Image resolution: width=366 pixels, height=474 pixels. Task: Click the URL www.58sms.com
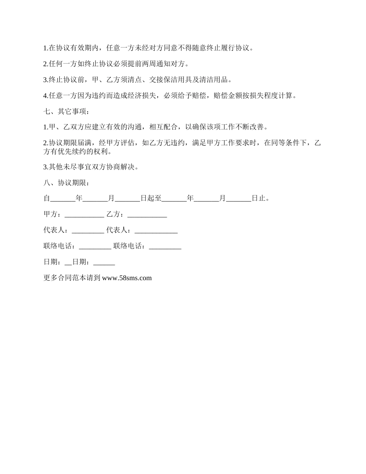click(x=127, y=278)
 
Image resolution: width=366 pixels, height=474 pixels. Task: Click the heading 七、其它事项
click(x=66, y=112)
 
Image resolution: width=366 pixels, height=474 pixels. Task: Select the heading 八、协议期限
click(x=66, y=183)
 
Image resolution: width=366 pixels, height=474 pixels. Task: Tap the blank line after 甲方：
click(x=84, y=215)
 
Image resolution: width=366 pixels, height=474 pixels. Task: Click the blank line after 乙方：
click(x=147, y=215)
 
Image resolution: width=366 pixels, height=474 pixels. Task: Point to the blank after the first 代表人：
click(x=88, y=230)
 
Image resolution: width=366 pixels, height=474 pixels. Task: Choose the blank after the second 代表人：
click(x=156, y=230)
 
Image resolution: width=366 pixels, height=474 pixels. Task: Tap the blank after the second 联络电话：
click(x=165, y=246)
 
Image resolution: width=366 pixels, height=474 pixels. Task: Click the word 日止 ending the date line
click(x=258, y=199)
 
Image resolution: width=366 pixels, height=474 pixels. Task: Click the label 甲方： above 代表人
click(x=54, y=214)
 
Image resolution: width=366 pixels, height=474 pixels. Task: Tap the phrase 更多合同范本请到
click(x=72, y=278)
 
